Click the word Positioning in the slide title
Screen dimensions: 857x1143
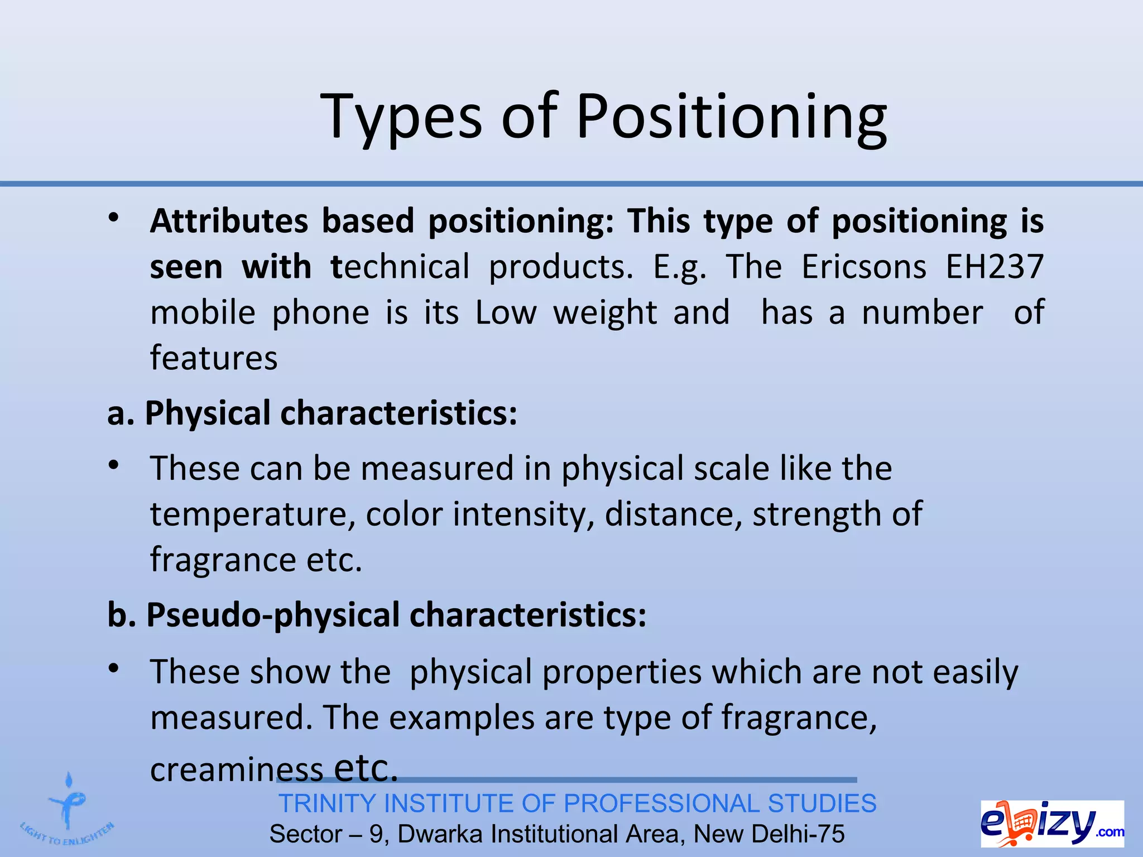click(731, 118)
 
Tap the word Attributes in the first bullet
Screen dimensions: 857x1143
click(229, 221)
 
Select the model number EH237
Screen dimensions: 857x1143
click(994, 267)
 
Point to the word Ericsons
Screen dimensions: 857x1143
click(864, 267)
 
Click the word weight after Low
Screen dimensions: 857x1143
click(605, 312)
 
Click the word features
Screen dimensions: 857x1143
click(214, 358)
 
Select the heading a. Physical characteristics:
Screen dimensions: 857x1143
click(313, 414)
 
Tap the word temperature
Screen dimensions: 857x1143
click(252, 514)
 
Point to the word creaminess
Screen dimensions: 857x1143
click(237, 770)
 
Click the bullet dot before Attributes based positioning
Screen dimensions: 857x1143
click(114, 219)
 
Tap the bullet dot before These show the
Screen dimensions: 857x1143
click(114, 668)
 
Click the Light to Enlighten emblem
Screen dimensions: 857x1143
click(67, 812)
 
